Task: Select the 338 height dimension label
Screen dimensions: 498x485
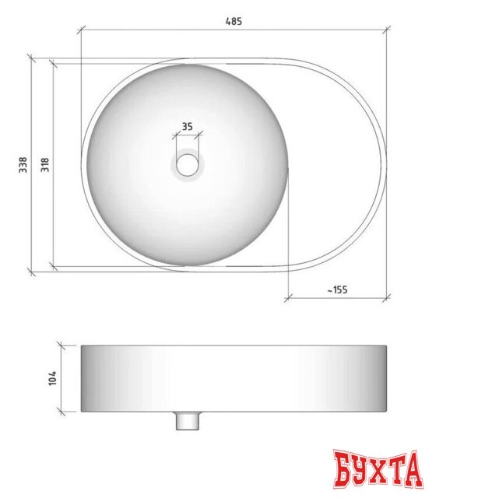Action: pyautogui.click(x=23, y=165)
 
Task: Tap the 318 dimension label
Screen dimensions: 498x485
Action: pyautogui.click(x=45, y=165)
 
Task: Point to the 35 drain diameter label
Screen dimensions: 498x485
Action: pyautogui.click(x=188, y=125)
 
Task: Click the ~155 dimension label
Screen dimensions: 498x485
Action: pyautogui.click(x=337, y=289)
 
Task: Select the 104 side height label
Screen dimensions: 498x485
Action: pyautogui.click(x=52, y=377)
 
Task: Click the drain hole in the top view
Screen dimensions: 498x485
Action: pyautogui.click(x=188, y=164)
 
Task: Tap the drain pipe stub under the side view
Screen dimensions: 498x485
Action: pyautogui.click(x=188, y=421)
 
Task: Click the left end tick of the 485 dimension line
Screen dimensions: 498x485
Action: pyautogui.click(x=82, y=31)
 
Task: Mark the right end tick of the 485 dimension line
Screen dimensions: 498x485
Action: pyautogui.click(x=388, y=31)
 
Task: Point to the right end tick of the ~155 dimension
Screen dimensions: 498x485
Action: pyautogui.click(x=388, y=297)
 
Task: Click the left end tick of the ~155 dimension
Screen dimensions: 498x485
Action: pyautogui.click(x=289, y=297)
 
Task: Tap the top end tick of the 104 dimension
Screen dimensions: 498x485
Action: pyautogui.click(x=62, y=344)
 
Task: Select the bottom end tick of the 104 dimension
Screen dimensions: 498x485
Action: pyautogui.click(x=62, y=411)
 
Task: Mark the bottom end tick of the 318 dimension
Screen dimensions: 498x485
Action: pyautogui.click(x=53, y=266)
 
